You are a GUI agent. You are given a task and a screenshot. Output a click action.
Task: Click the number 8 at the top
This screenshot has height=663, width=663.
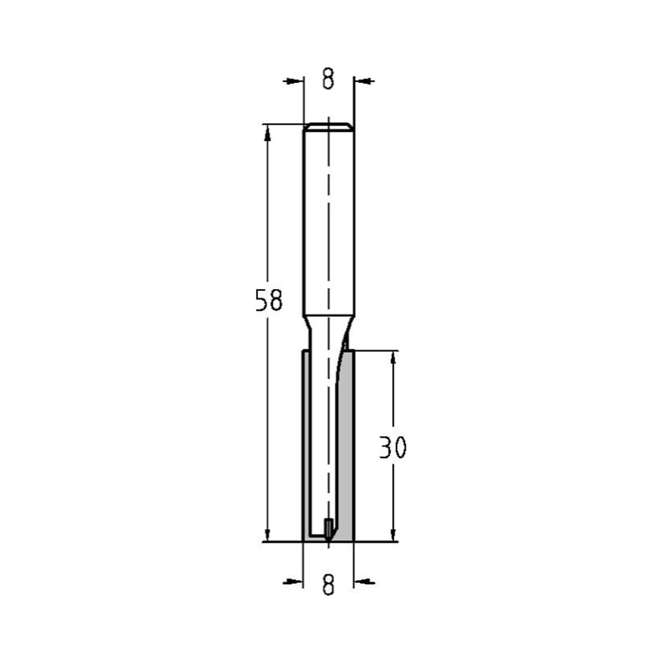click(x=328, y=80)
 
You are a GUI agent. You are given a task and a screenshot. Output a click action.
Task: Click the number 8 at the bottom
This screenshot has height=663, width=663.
click(x=328, y=583)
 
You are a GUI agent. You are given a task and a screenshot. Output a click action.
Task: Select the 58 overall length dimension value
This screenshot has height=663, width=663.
click(x=269, y=301)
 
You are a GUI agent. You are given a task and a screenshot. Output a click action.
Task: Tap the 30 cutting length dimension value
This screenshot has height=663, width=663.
click(x=392, y=449)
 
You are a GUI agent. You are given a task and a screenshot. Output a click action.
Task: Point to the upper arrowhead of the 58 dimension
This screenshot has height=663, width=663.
click(x=267, y=132)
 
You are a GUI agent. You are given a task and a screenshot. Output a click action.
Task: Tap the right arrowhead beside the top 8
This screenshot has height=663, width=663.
click(x=363, y=81)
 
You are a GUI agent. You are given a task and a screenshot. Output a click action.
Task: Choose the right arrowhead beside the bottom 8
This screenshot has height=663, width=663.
click(x=363, y=582)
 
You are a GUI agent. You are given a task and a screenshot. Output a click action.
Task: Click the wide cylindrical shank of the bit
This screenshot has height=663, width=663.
click(x=328, y=219)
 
